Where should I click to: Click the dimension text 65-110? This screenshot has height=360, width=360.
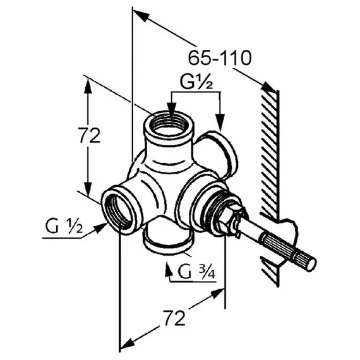pos(220,57)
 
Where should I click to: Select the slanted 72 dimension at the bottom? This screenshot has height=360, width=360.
pos(174,318)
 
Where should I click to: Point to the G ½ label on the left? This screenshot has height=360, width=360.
pos(64,226)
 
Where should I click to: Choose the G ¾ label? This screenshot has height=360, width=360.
pos(197,272)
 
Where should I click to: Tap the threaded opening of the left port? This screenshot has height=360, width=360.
pos(119,210)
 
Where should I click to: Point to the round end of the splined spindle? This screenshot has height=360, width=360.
pos(311,264)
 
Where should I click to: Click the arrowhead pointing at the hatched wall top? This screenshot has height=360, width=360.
pos(268,87)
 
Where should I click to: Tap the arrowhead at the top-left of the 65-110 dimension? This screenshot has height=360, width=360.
pos(140,15)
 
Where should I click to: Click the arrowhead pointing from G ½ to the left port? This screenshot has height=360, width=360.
pos(100,227)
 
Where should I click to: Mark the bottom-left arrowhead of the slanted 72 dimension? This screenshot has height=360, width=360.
pos(128,345)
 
